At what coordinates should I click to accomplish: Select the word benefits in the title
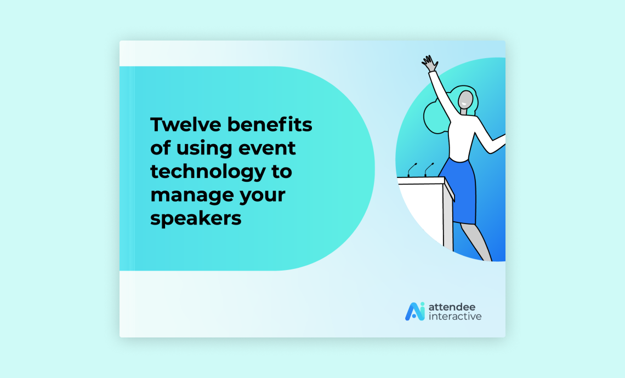click(270, 124)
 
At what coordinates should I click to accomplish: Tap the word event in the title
click(267, 148)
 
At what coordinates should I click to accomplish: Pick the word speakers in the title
click(196, 219)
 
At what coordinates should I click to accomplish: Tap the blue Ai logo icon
click(415, 311)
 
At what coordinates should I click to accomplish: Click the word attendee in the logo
click(452, 307)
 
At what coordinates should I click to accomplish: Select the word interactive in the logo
click(455, 317)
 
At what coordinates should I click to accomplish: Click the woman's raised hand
click(430, 64)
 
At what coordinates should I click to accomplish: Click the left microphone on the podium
click(412, 169)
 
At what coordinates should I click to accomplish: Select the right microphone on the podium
click(429, 169)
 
